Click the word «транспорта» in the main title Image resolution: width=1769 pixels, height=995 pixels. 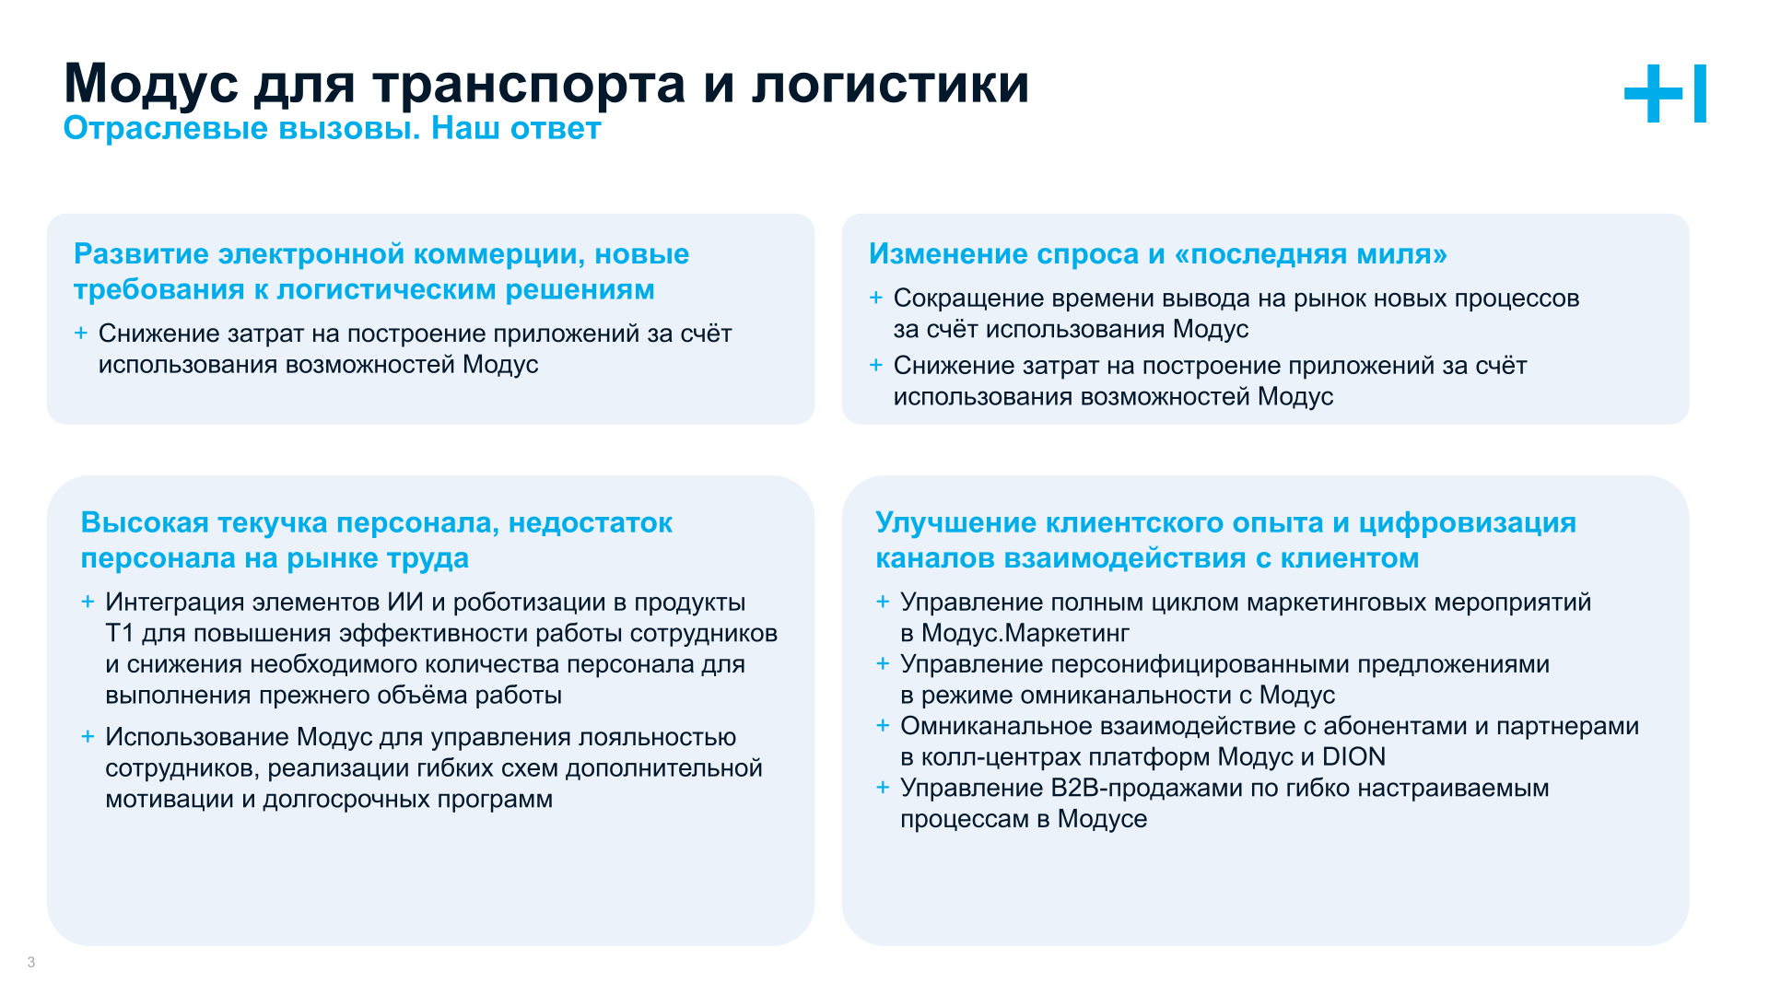pyautogui.click(x=529, y=85)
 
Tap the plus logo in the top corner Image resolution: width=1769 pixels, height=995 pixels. pyautogui.click(x=1664, y=93)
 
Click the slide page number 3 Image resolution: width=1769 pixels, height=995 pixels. pyautogui.click(x=31, y=963)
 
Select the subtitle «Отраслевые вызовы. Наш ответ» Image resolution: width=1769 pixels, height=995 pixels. pyautogui.click(x=332, y=129)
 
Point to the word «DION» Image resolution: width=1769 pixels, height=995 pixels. pyautogui.click(x=1353, y=757)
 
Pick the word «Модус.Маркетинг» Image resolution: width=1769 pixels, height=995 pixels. pyautogui.click(x=1025, y=634)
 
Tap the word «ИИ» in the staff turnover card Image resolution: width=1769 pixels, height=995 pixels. pyautogui.click(x=404, y=603)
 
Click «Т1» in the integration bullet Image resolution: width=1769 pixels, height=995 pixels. pyautogui.click(x=120, y=634)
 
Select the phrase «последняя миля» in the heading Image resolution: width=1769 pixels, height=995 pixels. pyautogui.click(x=1318, y=254)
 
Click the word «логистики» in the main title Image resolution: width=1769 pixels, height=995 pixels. pyautogui.click(x=890, y=85)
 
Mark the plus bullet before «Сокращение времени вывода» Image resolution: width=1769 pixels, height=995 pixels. pyautogui.click(x=876, y=298)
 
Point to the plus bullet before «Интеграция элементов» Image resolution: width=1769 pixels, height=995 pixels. pyautogui.click(x=88, y=602)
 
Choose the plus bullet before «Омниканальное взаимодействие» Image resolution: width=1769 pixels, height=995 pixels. pyautogui.click(x=883, y=726)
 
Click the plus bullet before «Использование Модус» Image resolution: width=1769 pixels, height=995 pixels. pyautogui.click(x=88, y=736)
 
